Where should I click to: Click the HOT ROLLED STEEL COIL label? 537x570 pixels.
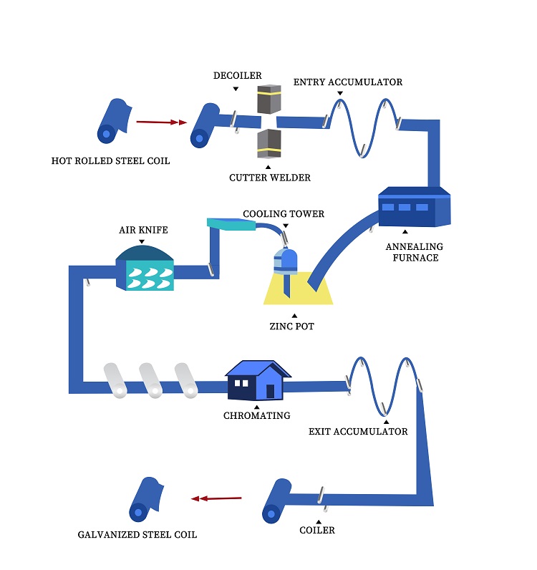111,161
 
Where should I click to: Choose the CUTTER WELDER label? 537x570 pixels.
270,178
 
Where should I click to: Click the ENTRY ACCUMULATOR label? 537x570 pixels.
348,82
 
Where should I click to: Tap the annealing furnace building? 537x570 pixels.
413,208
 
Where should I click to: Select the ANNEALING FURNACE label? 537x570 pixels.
415,252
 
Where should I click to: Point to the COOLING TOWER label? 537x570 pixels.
284,214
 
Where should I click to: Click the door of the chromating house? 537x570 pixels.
270,391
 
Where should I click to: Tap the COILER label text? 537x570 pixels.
317,531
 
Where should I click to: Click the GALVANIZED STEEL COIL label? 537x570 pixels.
137,535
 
